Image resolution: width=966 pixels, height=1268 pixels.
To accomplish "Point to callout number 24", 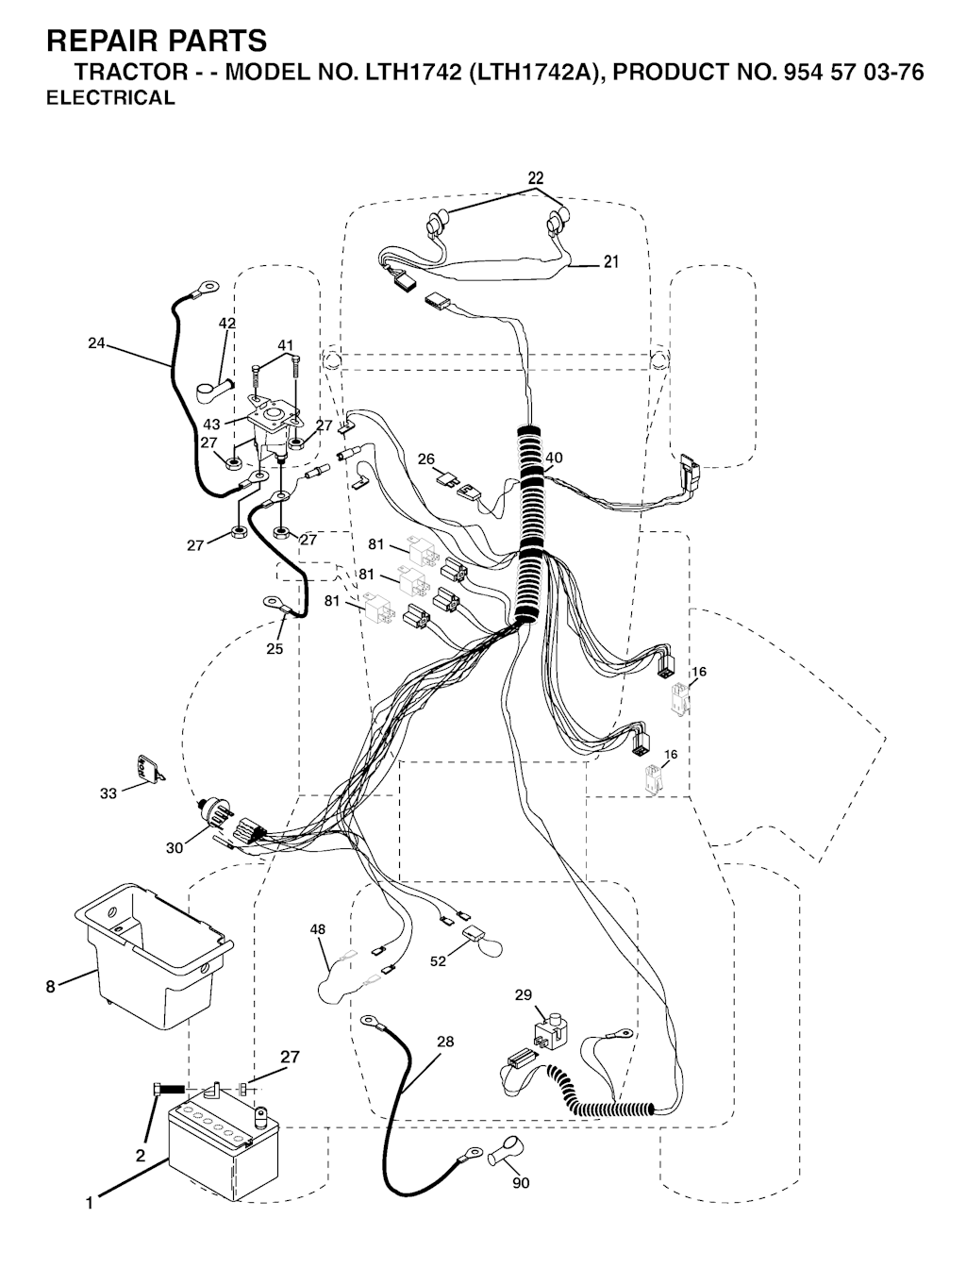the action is [x=96, y=343].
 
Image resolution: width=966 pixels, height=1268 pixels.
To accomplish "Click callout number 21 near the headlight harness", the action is [x=611, y=261].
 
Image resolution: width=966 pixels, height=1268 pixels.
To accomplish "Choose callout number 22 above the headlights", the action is [x=535, y=177].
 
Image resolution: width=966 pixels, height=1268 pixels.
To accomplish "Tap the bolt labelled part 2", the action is [x=168, y=1090].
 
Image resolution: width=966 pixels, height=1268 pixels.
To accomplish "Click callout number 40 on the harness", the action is [x=554, y=458].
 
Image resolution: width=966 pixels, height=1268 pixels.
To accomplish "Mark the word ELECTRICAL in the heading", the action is [x=110, y=97].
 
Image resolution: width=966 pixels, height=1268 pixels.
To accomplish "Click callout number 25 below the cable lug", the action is [x=275, y=649].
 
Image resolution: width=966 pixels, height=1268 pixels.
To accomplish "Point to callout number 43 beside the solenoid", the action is [x=212, y=424].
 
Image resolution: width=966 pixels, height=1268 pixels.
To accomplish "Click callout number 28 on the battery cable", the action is [x=445, y=1042].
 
